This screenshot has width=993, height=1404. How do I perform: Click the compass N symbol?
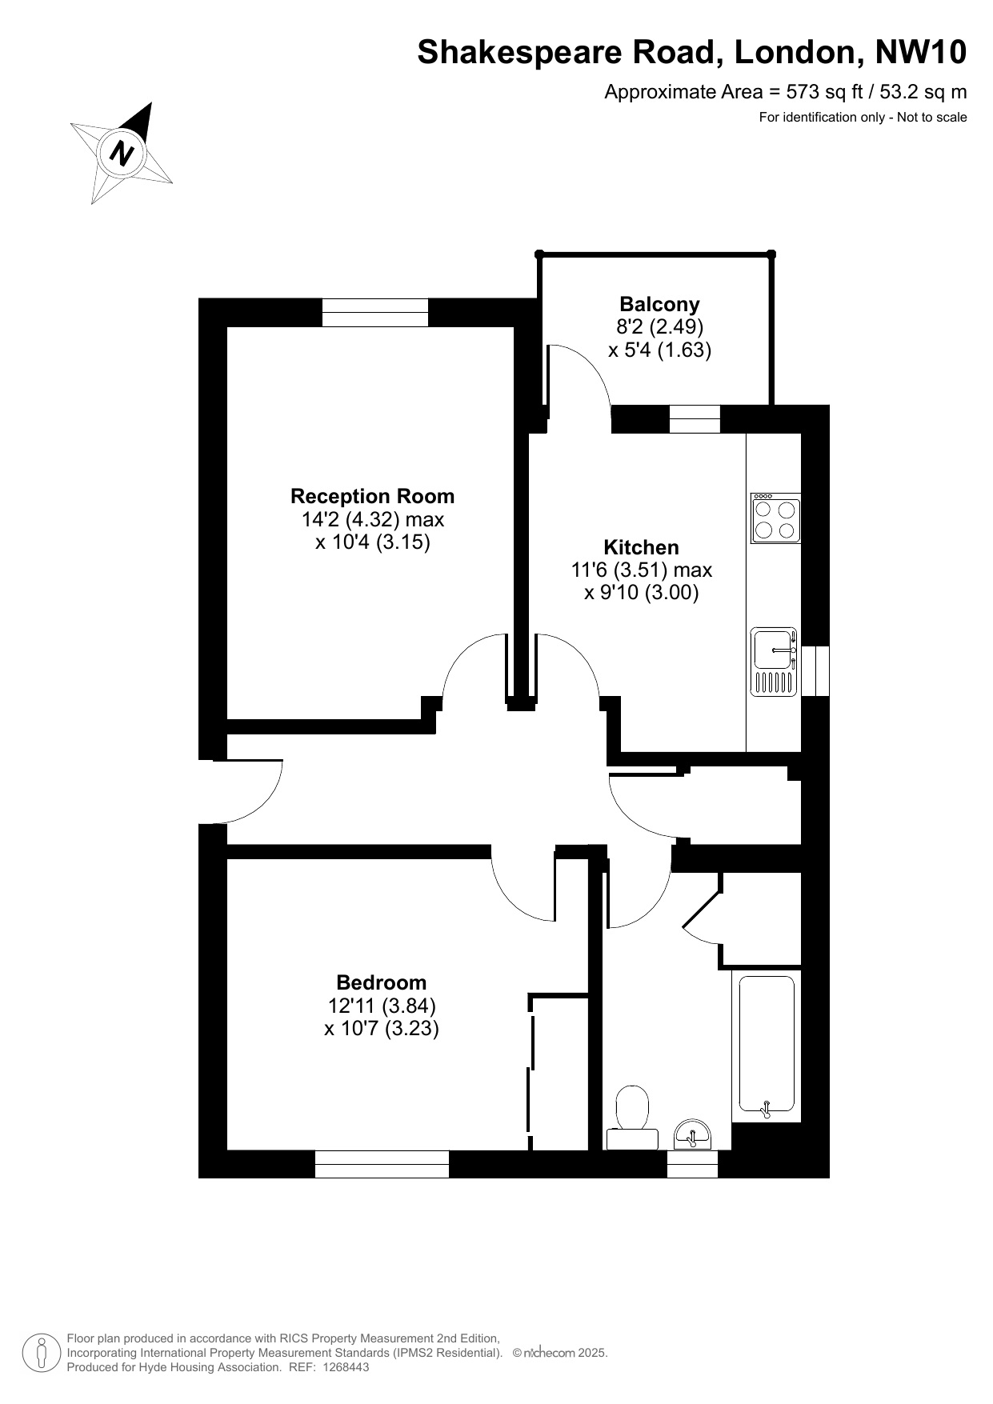[122, 151]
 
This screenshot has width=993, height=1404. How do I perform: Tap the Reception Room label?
[372, 496]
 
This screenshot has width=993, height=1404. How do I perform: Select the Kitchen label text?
[641, 547]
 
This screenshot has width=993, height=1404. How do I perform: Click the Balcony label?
[659, 304]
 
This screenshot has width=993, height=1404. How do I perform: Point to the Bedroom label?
[382, 982]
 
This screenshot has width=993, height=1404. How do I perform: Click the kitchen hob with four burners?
[775, 518]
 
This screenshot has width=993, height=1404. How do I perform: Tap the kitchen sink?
[774, 662]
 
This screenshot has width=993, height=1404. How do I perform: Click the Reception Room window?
[375, 312]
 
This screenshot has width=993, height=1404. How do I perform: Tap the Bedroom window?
[382, 1164]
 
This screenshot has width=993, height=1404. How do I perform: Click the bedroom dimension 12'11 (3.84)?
[382, 1006]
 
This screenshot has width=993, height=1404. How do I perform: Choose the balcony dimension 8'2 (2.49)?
[659, 326]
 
